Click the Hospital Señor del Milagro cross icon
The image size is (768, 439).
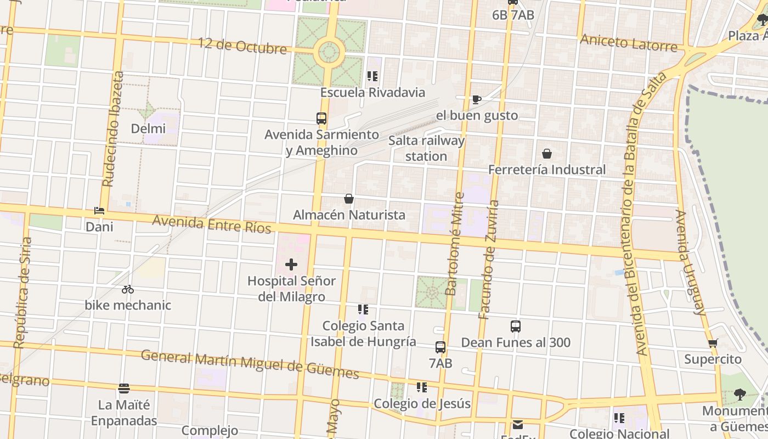291,265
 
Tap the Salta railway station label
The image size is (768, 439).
426,148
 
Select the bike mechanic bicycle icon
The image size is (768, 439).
128,289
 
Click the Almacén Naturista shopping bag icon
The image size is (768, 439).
349,199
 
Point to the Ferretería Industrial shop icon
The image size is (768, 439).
547,154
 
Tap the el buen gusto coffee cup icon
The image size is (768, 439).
477,99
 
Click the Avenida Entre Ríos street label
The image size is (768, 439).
212,224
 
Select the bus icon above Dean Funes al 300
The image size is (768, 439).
516,327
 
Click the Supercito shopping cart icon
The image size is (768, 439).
713,344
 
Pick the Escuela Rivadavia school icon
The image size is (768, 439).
372,76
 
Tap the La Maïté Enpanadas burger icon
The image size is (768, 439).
124,389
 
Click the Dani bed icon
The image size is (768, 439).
99,211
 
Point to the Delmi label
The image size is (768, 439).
148,129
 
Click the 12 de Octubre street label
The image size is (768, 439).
242,46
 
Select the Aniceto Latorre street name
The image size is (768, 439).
628,43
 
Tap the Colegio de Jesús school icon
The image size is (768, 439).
421,387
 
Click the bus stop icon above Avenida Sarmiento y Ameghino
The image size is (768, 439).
321,119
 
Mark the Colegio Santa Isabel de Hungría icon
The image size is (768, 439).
363,310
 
